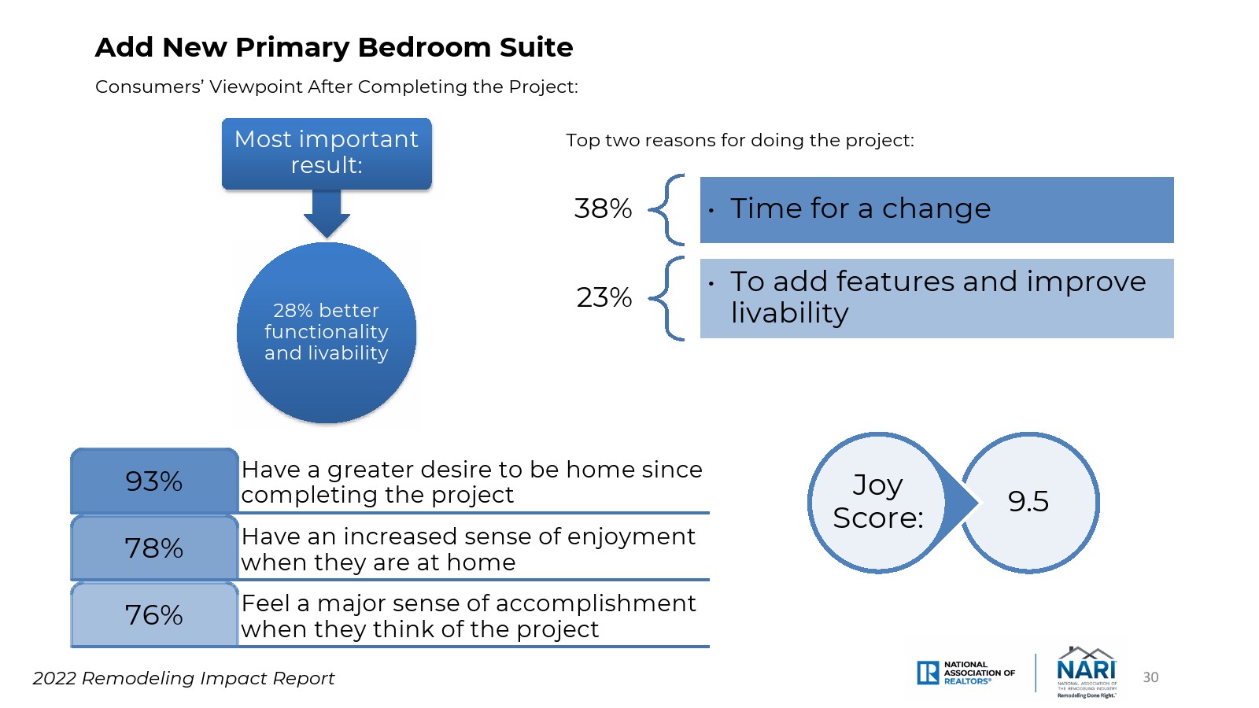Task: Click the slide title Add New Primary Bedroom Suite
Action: (x=334, y=48)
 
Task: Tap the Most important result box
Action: (x=327, y=153)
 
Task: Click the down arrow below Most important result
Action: (x=327, y=213)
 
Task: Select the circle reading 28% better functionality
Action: (x=327, y=333)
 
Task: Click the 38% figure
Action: (x=603, y=208)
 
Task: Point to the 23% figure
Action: (x=604, y=297)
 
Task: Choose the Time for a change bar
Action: (x=937, y=210)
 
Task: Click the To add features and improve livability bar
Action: (x=937, y=298)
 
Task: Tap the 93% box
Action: (x=154, y=481)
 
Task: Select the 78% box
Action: (x=154, y=548)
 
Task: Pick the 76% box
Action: (x=154, y=614)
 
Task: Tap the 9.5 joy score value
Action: (x=1028, y=501)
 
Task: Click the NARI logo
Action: (x=1087, y=672)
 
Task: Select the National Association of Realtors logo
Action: (x=965, y=673)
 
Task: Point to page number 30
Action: (x=1150, y=677)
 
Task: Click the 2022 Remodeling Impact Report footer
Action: (x=183, y=679)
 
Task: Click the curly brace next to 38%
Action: (x=666, y=210)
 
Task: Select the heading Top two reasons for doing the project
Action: (x=740, y=141)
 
